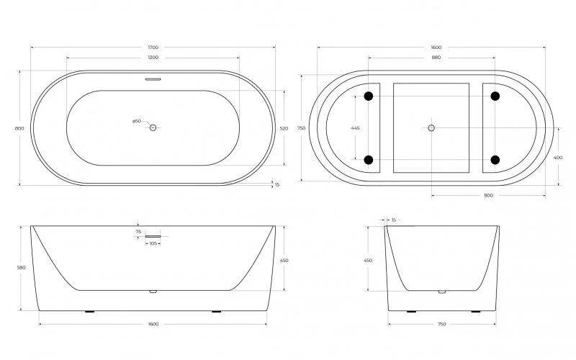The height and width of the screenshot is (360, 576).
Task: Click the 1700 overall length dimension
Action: pos(153,48)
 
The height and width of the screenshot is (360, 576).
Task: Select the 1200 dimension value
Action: pos(153,58)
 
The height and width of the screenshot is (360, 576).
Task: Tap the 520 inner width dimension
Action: pos(284,128)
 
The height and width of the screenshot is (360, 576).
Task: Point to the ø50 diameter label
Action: pos(136,121)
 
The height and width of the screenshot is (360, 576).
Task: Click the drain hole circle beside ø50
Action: pos(153,127)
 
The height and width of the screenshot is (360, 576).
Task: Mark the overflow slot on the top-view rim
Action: pos(153,80)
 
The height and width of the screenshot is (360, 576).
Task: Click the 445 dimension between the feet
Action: pos(355,127)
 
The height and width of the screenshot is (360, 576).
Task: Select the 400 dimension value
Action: pos(559,157)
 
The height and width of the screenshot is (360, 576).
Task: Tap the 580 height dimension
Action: pos(22,268)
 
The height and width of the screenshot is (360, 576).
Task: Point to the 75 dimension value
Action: pos(138,231)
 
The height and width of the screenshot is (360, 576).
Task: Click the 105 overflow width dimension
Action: pos(153,243)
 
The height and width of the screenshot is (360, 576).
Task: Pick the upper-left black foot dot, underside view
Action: pos(369,96)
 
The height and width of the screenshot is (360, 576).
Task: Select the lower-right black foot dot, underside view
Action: pos(495,159)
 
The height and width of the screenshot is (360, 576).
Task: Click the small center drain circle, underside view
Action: pos(431,127)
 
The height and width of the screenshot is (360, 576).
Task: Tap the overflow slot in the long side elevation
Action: pos(155,235)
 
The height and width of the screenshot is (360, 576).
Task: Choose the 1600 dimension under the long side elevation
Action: pos(153,325)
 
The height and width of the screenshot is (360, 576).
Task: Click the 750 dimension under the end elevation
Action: pos(442,325)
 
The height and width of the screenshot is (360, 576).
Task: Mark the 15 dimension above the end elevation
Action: pos(392,220)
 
